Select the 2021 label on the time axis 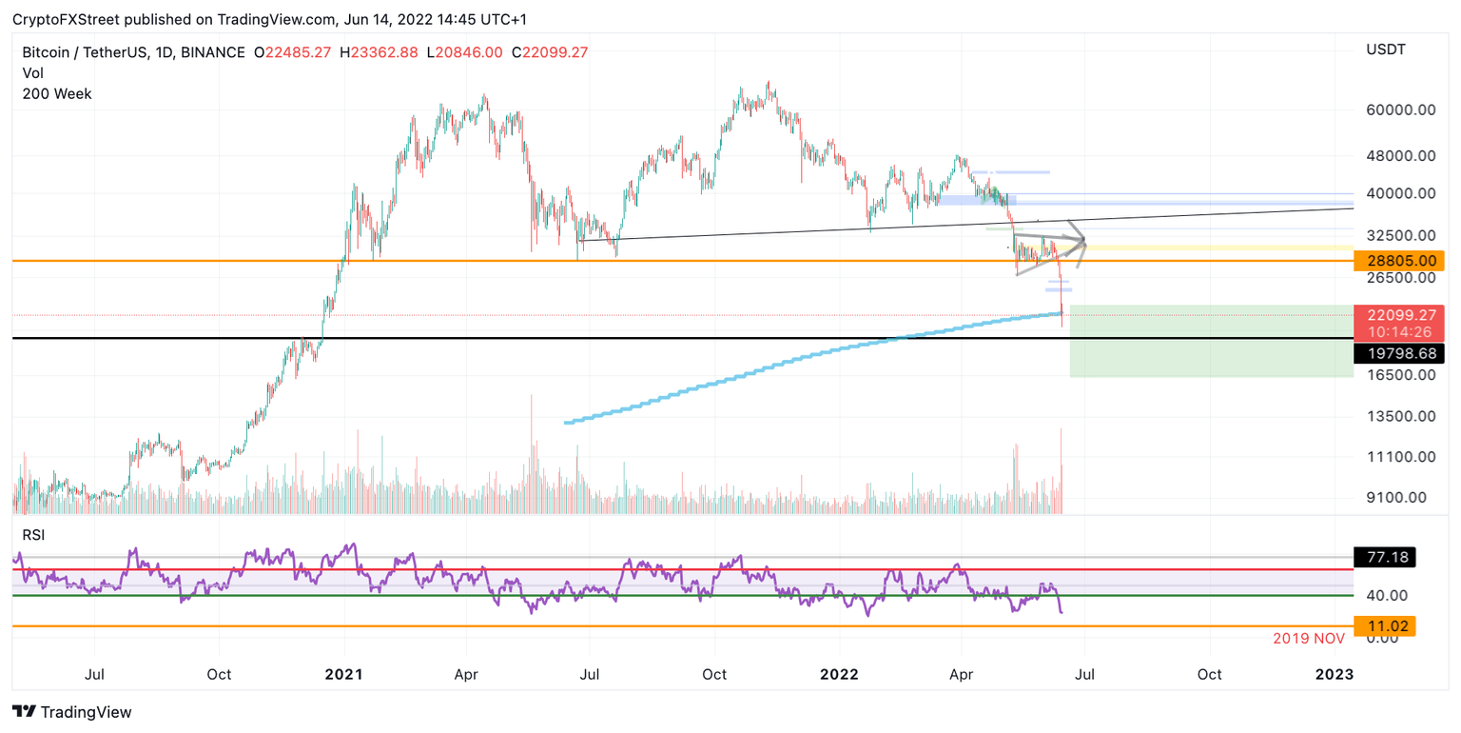point(343,675)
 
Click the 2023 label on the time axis point(1334,675)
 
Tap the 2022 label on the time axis point(839,675)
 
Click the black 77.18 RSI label point(1384,557)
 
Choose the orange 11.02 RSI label point(1384,626)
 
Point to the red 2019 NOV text point(1309,639)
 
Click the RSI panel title point(35,536)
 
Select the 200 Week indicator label point(57,93)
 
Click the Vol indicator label point(33,73)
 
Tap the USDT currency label point(1386,50)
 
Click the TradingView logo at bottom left point(71,711)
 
